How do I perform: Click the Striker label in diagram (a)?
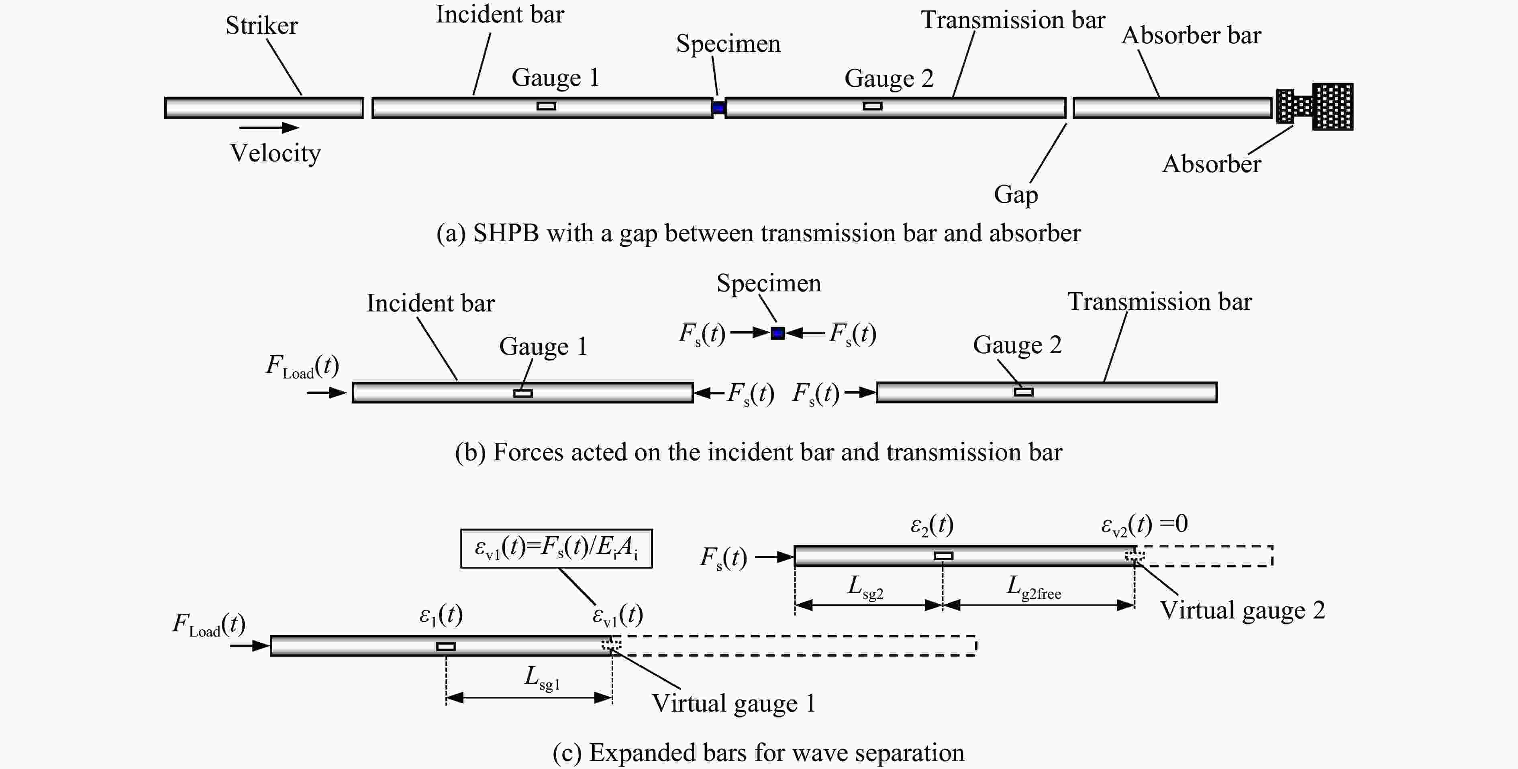tap(262, 25)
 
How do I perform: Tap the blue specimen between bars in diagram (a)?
tap(718, 108)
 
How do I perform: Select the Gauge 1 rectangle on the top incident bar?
tap(546, 106)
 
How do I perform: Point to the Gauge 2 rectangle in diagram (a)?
tap(873, 106)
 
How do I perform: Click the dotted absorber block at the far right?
tap(1315, 107)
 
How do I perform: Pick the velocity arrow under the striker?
tap(269, 127)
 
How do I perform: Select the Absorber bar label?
tap(1191, 35)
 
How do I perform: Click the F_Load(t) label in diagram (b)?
tap(302, 366)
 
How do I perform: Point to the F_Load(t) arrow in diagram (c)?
tap(250, 646)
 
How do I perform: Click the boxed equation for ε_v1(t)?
tap(556, 549)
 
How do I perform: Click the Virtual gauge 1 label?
tap(734, 704)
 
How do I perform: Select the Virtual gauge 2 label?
tap(1242, 610)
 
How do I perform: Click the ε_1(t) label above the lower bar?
tap(441, 615)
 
